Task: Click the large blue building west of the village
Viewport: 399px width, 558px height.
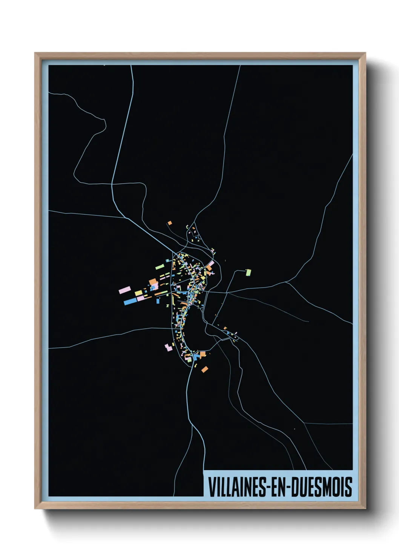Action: coord(130,301)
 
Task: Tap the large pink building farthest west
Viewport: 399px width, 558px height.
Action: coord(124,290)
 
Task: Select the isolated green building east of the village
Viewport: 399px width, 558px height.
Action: coord(248,272)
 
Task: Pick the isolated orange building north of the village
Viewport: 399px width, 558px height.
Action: coord(170,223)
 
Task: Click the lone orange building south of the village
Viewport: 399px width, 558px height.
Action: coord(204,369)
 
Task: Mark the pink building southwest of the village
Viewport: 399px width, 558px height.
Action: coord(168,347)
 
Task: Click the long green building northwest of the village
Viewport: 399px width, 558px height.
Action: coord(160,267)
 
